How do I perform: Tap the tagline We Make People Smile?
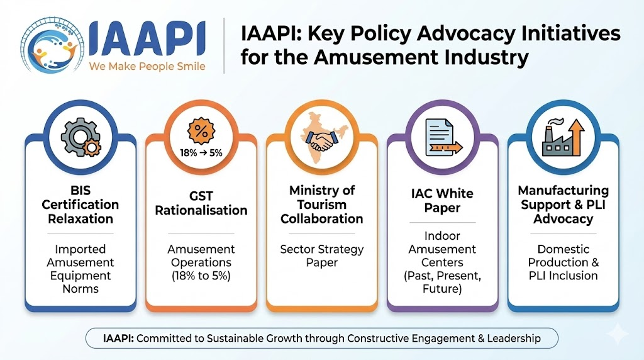click(x=147, y=66)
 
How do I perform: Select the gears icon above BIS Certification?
click(x=81, y=137)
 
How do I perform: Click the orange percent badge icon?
click(x=201, y=132)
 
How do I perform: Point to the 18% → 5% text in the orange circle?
click(x=201, y=153)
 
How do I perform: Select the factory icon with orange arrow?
click(x=563, y=137)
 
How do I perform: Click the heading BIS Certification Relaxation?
click(x=80, y=205)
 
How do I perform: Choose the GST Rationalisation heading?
click(x=201, y=203)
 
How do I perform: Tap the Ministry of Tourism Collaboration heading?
click(x=322, y=205)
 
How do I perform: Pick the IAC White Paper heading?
click(x=442, y=201)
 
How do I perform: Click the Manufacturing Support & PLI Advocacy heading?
click(x=563, y=205)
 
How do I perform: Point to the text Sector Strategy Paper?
click(x=322, y=256)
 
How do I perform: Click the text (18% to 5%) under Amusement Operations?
click(x=201, y=275)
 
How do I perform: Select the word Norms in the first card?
click(x=80, y=288)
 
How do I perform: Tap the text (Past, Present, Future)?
click(x=442, y=282)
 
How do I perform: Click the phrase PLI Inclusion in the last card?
click(x=563, y=275)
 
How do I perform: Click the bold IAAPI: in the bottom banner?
click(x=118, y=338)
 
